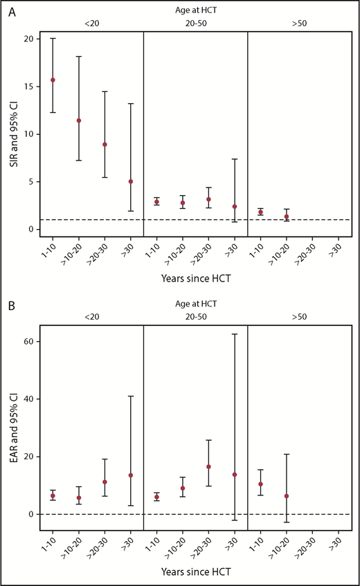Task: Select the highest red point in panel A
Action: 53,80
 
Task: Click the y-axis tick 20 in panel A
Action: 27,39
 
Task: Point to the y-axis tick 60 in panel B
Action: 27,342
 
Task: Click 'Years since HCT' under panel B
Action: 195,574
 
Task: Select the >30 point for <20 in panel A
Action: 130,181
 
